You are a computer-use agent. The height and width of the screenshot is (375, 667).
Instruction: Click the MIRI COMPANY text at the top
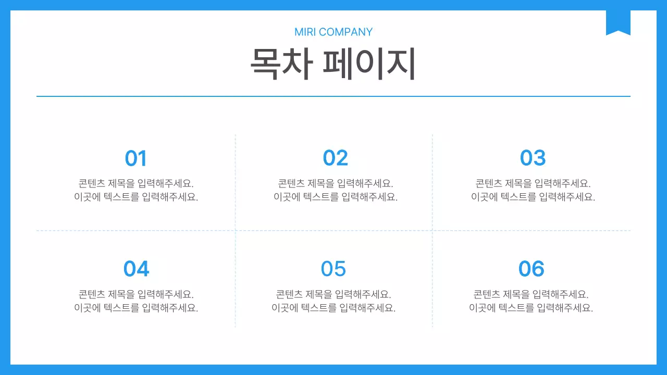tap(333, 32)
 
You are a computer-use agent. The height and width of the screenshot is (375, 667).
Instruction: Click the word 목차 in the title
tap(281, 64)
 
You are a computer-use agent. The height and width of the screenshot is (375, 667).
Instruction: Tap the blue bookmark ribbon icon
tap(618, 22)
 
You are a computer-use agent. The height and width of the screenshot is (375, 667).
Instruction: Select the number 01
tap(136, 158)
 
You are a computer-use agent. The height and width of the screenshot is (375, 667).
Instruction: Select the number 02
tap(335, 158)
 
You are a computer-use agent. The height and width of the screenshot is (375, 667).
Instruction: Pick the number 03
tap(533, 158)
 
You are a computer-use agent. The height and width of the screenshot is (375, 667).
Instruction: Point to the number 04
tap(136, 269)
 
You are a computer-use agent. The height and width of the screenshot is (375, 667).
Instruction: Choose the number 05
tap(333, 269)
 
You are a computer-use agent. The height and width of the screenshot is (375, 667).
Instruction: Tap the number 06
tap(531, 269)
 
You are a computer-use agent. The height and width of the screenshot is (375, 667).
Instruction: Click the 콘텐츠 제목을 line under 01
tap(136, 183)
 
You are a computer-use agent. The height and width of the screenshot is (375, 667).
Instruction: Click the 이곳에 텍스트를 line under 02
tap(335, 197)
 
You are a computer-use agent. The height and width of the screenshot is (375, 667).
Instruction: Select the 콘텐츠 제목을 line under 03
tap(533, 183)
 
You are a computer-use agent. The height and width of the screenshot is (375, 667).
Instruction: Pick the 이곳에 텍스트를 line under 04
tap(136, 308)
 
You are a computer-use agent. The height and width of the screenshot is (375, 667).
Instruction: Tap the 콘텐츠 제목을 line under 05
tap(333, 294)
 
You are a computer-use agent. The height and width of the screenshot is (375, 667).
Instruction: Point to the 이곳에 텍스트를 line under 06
tap(531, 308)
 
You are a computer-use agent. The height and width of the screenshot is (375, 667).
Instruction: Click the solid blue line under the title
tap(333, 96)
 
